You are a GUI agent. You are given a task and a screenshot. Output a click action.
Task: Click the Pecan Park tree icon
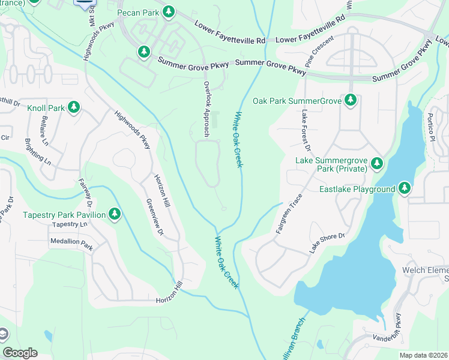[169, 11]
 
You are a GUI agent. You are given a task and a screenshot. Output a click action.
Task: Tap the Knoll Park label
[46, 109]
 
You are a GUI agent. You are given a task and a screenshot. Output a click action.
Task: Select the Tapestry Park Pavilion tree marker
[114, 214]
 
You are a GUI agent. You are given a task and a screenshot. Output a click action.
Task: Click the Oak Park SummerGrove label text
[297, 101]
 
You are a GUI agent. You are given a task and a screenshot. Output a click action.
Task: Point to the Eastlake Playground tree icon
[405, 189]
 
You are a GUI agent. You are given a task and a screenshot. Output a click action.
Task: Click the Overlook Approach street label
[206, 110]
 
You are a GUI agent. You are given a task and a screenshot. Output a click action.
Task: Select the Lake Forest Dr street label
[306, 130]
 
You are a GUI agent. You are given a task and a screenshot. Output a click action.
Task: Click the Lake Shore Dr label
[327, 242]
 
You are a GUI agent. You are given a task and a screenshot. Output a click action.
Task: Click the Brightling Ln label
[37, 152]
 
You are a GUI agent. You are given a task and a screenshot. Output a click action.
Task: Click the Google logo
[20, 353]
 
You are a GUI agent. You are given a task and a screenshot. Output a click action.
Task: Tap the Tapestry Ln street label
[70, 224]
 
